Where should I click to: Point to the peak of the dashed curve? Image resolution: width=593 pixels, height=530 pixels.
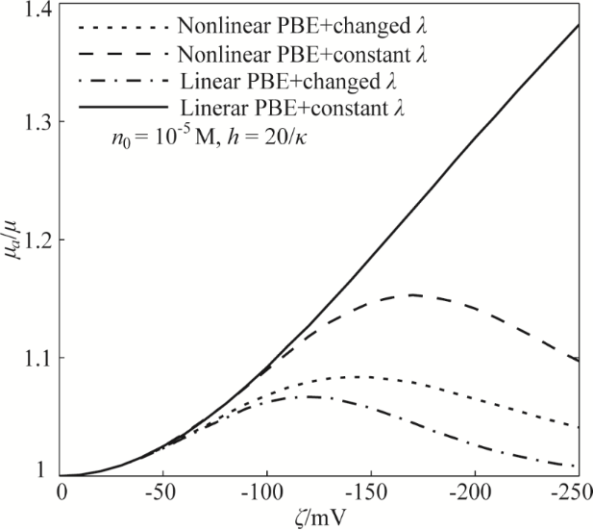click(411, 294)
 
